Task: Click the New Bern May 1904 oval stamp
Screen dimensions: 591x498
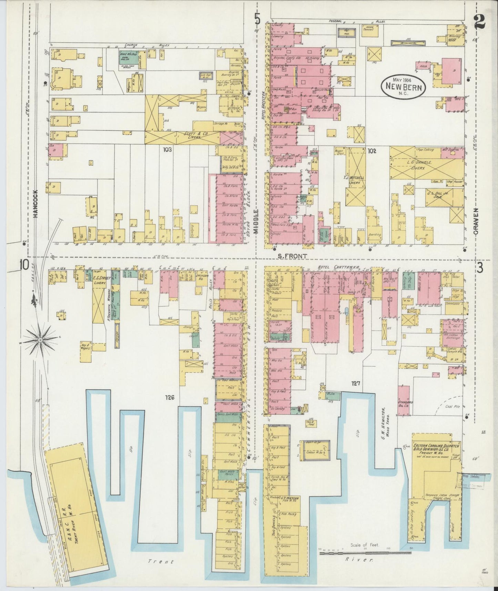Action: [403, 85]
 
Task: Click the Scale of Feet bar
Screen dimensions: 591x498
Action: [365, 553]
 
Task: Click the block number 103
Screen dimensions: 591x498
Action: [168, 150]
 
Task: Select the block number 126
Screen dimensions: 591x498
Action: [170, 397]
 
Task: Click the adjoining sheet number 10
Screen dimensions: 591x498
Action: [24, 265]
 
